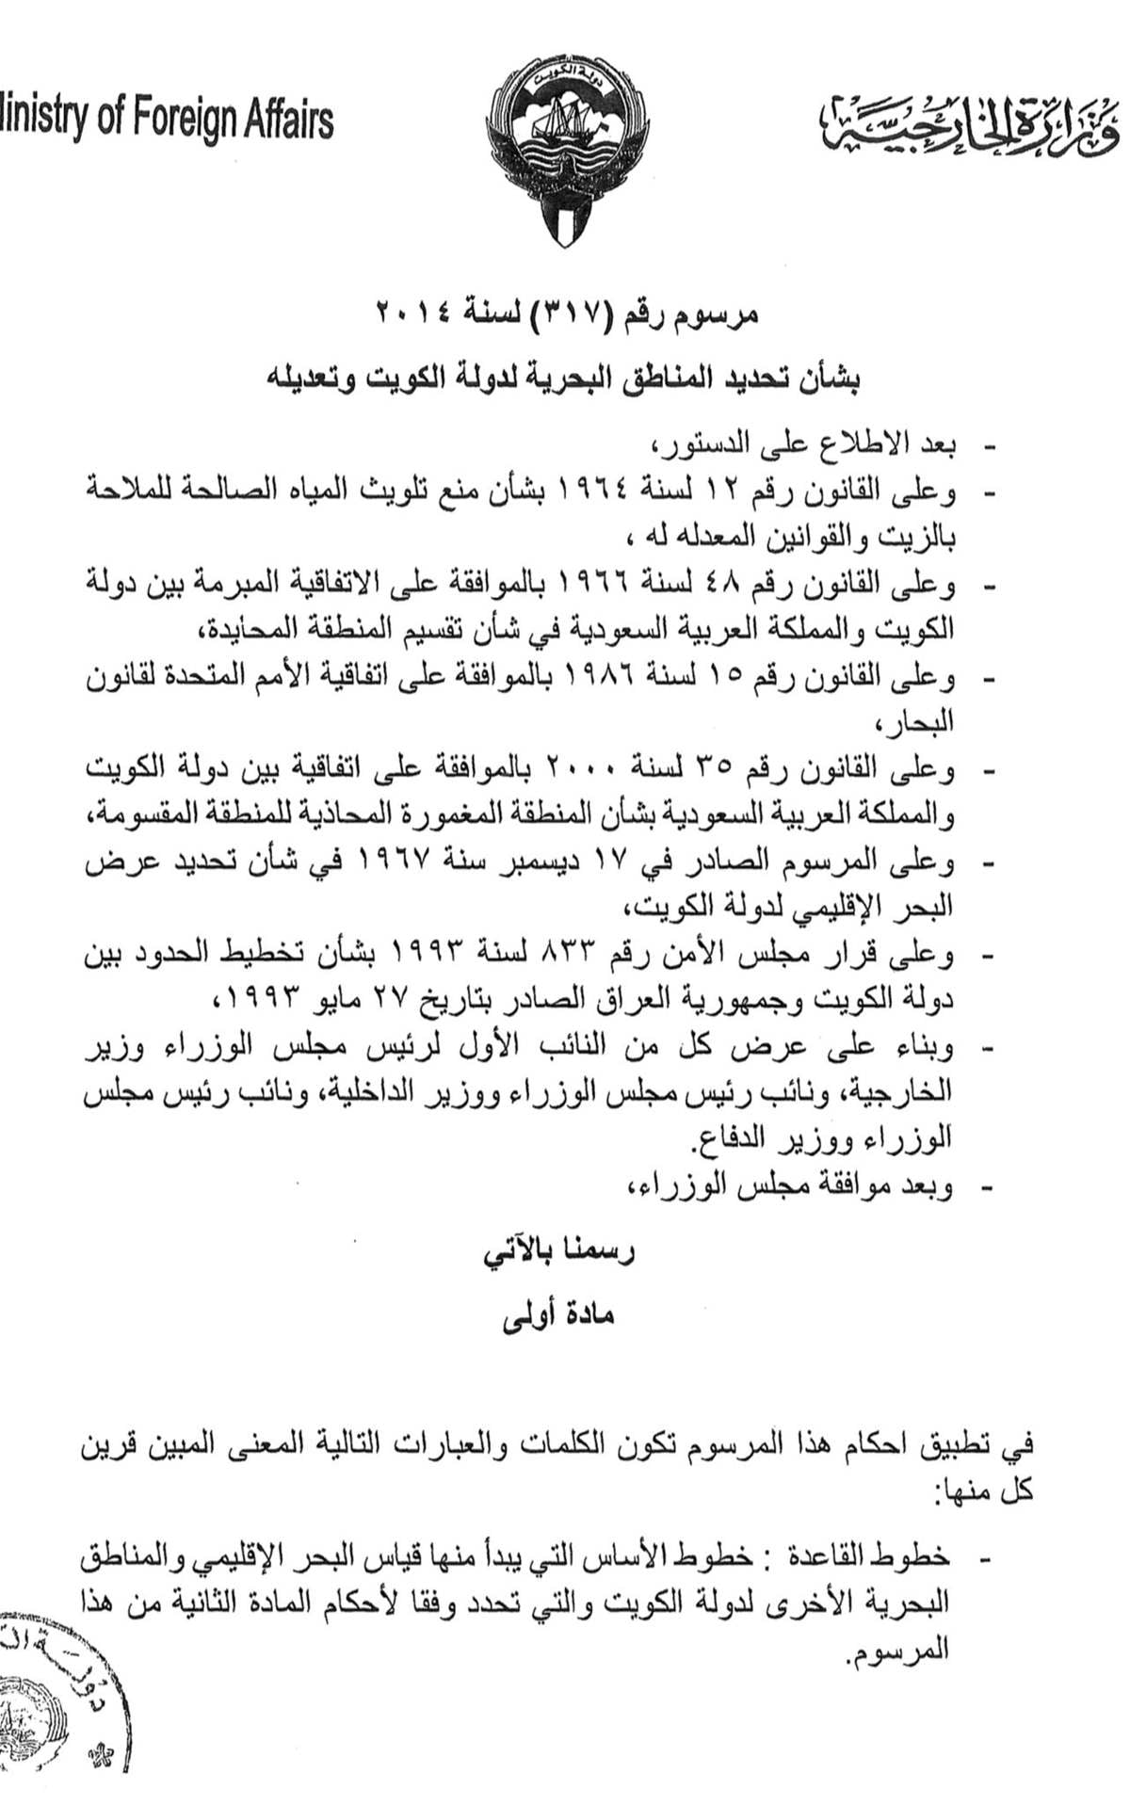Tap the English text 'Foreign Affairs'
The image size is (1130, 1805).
coord(232,121)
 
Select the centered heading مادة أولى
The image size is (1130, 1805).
coord(559,1314)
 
